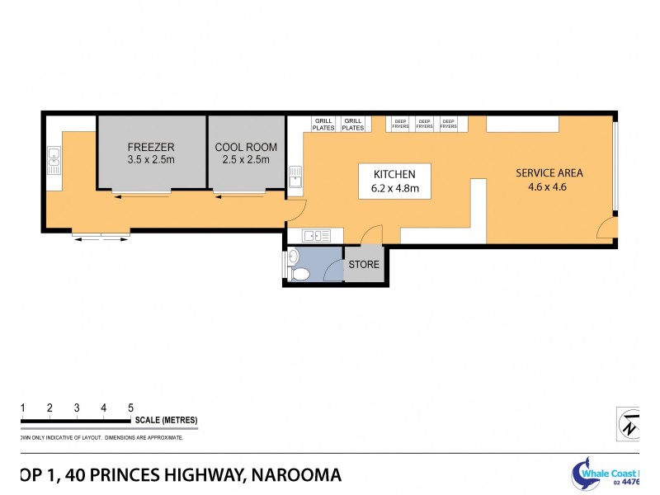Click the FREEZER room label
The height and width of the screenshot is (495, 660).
point(151,153)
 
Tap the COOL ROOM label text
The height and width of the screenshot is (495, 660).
point(246,153)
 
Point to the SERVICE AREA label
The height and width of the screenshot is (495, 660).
point(549,179)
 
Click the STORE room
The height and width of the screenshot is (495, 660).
point(364,265)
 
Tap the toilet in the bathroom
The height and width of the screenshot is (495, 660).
point(300,273)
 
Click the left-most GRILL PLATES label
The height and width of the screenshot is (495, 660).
point(323,125)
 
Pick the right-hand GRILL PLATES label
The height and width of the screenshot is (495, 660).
point(352,125)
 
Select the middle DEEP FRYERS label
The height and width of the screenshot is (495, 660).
point(424,124)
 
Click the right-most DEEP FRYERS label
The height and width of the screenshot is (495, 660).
point(448,124)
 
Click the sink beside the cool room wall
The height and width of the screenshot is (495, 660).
point(295,177)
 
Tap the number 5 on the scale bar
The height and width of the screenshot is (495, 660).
point(130,408)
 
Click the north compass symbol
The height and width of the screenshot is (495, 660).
point(629,423)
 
